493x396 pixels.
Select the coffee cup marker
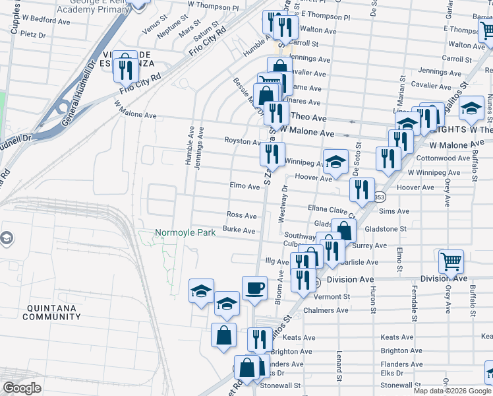pos(254,288)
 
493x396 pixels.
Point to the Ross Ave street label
pos(241,215)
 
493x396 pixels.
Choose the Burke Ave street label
pos(239,230)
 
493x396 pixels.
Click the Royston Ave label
pos(243,141)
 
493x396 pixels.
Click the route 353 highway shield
pos(380,197)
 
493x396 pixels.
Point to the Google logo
pos(21,387)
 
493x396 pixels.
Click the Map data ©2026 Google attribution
pos(453,391)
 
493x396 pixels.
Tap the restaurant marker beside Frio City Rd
pos(125,68)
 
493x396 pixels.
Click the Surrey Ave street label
pos(370,246)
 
